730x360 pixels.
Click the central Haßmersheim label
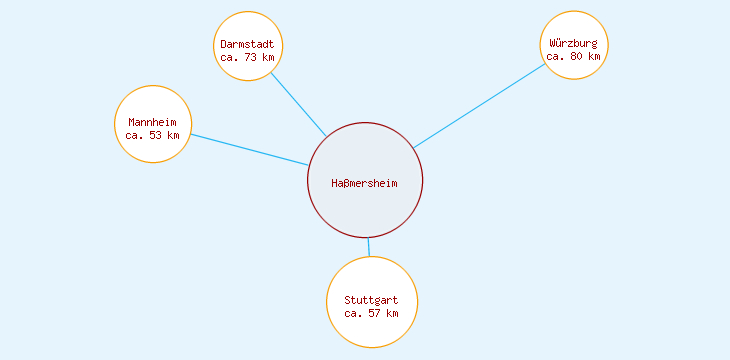tap(365, 183)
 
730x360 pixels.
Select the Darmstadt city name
tap(247, 44)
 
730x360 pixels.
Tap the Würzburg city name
tap(574, 43)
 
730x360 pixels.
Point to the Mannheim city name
tap(152, 122)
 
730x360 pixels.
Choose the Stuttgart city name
tap(371, 300)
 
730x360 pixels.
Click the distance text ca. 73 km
tap(247, 57)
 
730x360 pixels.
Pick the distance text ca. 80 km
tap(574, 56)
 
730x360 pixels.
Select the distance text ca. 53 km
tap(152, 135)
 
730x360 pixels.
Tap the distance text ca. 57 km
tap(371, 313)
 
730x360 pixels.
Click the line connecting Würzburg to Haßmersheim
tap(480, 105)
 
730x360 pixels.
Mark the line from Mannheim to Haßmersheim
tap(250, 150)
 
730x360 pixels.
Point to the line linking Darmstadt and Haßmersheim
tap(298, 104)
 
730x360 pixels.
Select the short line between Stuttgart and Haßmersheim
tap(368, 247)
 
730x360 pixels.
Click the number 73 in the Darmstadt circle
tap(251, 57)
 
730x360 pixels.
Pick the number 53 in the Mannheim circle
tap(156, 135)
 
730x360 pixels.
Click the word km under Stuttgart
tap(392, 313)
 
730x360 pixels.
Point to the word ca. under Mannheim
tap(135, 135)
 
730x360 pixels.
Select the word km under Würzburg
tap(595, 56)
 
